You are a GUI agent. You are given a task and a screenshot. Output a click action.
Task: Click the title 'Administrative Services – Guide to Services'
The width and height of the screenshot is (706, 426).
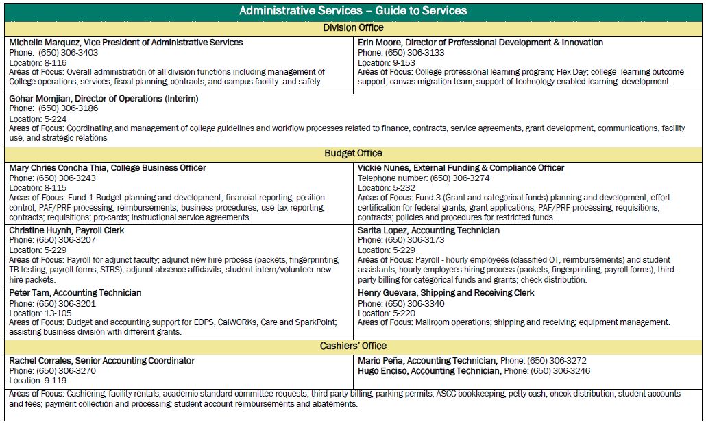(x=352, y=11)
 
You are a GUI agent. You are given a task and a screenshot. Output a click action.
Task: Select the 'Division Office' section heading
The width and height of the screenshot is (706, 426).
(x=353, y=28)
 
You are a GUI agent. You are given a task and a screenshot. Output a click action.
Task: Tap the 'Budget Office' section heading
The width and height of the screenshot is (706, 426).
(x=353, y=153)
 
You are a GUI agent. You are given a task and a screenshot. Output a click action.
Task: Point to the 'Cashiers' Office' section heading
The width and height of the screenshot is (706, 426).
(x=353, y=346)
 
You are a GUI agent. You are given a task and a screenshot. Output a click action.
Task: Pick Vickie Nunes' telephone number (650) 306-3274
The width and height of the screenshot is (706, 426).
(x=447, y=178)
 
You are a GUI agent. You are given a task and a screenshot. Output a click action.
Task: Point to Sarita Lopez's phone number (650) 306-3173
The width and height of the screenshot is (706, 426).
(x=415, y=240)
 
